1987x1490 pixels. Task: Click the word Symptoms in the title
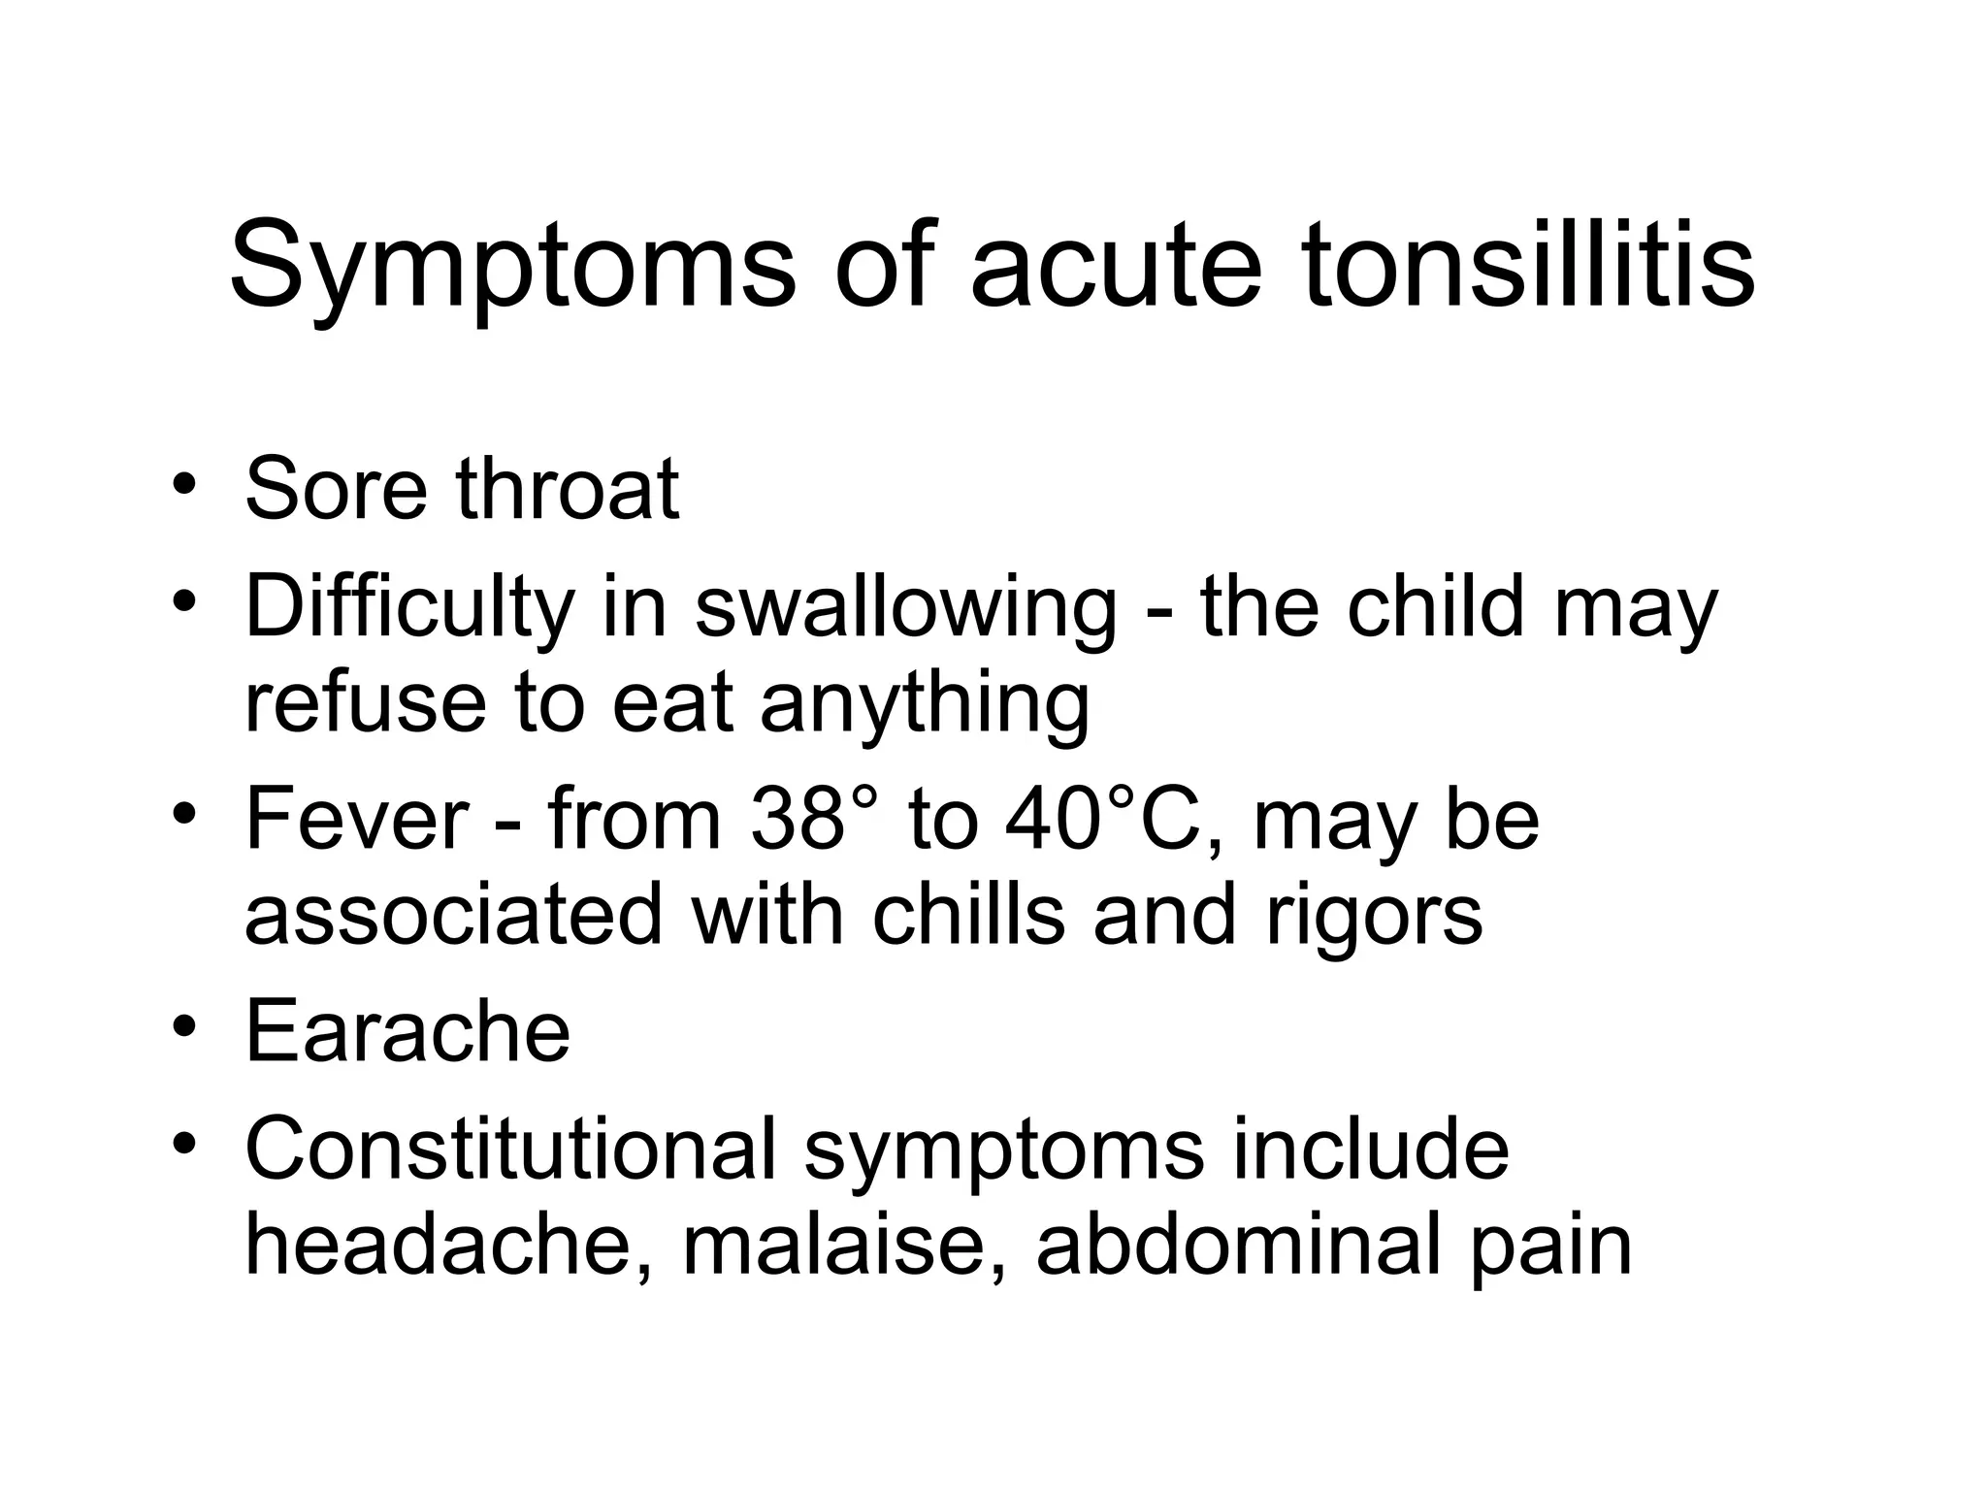(511, 267)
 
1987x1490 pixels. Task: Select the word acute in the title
(1116, 267)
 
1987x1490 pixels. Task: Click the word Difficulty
(409, 609)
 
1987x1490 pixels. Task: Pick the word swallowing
(906, 609)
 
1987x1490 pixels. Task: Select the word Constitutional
(510, 1150)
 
